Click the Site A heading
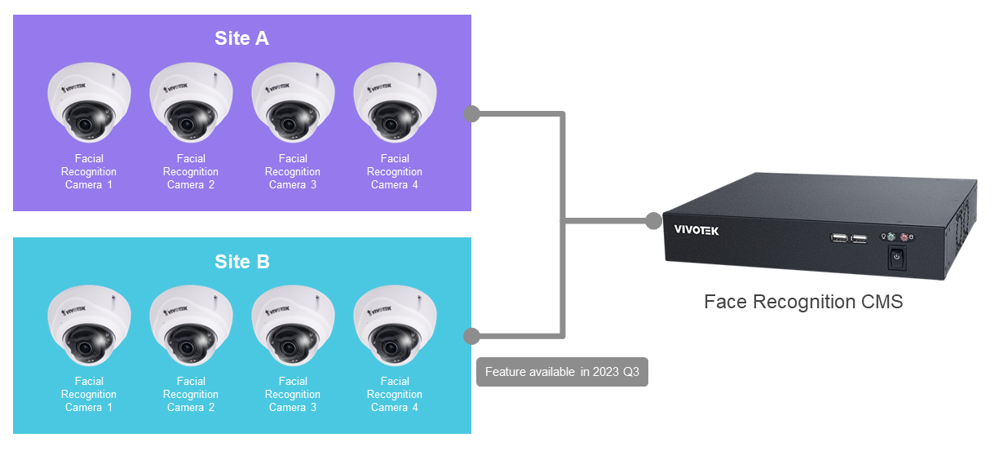pyautogui.click(x=241, y=38)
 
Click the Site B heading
pyautogui.click(x=241, y=262)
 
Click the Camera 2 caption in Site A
pyautogui.click(x=191, y=171)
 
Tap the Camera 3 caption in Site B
pyautogui.click(x=293, y=394)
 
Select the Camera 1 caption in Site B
pyautogui.click(x=89, y=394)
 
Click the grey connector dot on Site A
pyautogui.click(x=471, y=113)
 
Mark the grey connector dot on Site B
pyautogui.click(x=471, y=336)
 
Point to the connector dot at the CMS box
pyautogui.click(x=653, y=220)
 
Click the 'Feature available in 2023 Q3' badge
pyautogui.click(x=562, y=372)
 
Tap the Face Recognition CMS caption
pyautogui.click(x=803, y=302)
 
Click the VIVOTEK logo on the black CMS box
pyautogui.click(x=696, y=230)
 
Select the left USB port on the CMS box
pyautogui.click(x=838, y=239)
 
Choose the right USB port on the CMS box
pyautogui.click(x=858, y=239)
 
